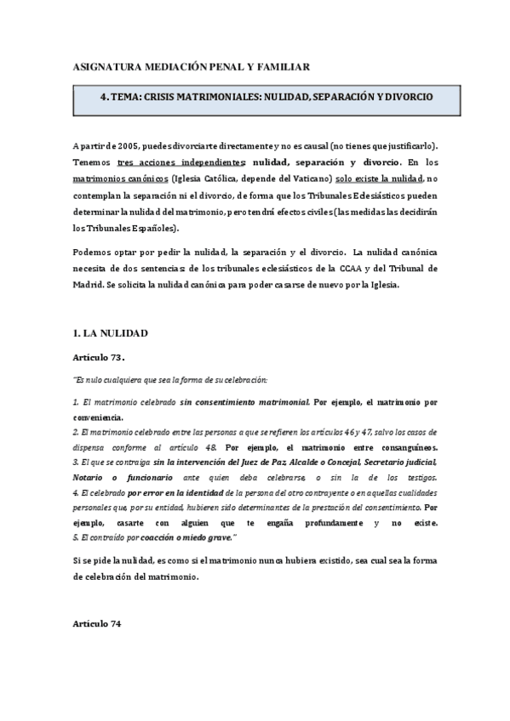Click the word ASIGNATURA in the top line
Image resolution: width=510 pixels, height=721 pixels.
[x=105, y=65]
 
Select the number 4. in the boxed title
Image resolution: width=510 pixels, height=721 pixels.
[x=105, y=98]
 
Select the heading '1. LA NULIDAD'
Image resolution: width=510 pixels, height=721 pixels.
[x=112, y=332]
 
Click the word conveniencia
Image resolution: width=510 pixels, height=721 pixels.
[x=98, y=418]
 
